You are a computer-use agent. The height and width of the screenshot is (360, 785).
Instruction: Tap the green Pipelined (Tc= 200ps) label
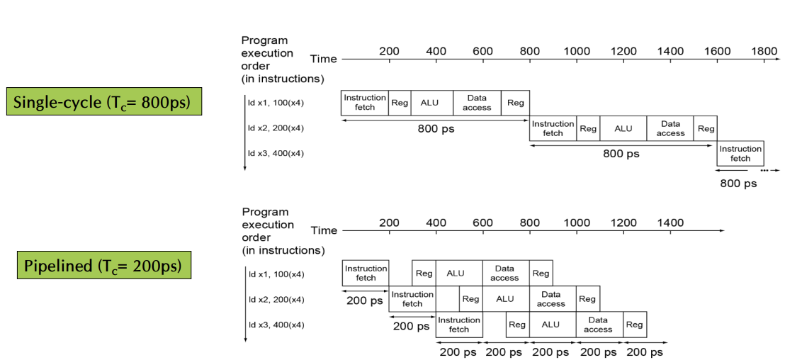pyautogui.click(x=103, y=266)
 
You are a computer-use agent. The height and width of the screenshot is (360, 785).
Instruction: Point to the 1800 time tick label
pyautogui.click(x=764, y=51)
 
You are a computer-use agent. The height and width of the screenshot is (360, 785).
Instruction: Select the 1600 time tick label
pyautogui.click(x=717, y=51)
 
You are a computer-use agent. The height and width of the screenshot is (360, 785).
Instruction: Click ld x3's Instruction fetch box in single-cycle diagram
pyautogui.click(x=740, y=153)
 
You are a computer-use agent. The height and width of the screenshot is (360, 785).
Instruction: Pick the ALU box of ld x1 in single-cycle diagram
pyautogui.click(x=429, y=103)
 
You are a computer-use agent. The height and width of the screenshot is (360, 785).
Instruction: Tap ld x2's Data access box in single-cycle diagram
pyautogui.click(x=670, y=128)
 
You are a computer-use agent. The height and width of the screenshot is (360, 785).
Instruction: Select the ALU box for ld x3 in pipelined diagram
pyautogui.click(x=550, y=325)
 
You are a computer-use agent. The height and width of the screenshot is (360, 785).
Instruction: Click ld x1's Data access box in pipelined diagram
pyautogui.click(x=504, y=273)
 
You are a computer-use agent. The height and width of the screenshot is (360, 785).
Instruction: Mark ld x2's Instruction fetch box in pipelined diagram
pyautogui.click(x=412, y=299)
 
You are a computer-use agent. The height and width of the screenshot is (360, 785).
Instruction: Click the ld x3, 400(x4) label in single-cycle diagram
pyautogui.click(x=276, y=153)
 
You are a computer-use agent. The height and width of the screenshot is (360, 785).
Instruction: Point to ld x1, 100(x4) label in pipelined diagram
pyautogui.click(x=276, y=274)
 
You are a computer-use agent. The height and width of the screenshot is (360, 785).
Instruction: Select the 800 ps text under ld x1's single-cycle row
pyautogui.click(x=435, y=129)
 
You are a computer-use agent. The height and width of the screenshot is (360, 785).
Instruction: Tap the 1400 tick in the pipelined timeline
pyautogui.click(x=670, y=223)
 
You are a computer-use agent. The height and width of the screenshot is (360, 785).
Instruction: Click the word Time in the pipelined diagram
pyautogui.click(x=324, y=230)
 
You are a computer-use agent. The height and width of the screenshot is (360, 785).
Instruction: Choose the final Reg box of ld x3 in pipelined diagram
pyautogui.click(x=635, y=325)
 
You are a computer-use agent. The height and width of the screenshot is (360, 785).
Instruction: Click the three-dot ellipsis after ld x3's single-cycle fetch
pyautogui.click(x=764, y=171)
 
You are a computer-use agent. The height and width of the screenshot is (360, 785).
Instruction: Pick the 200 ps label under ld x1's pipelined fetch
pyautogui.click(x=365, y=300)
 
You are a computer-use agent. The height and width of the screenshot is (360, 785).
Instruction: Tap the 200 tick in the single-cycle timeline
pyautogui.click(x=389, y=51)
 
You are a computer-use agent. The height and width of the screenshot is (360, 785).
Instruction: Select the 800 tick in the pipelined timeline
pyautogui.click(x=530, y=223)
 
